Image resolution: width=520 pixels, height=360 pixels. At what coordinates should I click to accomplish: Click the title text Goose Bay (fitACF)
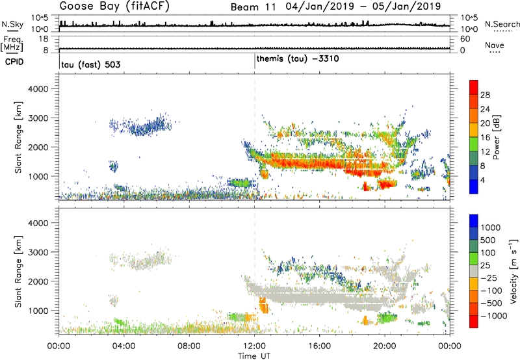110,6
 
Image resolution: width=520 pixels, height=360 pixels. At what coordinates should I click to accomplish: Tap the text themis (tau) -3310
297,59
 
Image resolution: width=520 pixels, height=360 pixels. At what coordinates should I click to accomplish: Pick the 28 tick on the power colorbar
486,94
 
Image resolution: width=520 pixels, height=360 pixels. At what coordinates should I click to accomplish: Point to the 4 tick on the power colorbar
484,178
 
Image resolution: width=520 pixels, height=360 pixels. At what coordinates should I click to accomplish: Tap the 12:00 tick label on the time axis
254,345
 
